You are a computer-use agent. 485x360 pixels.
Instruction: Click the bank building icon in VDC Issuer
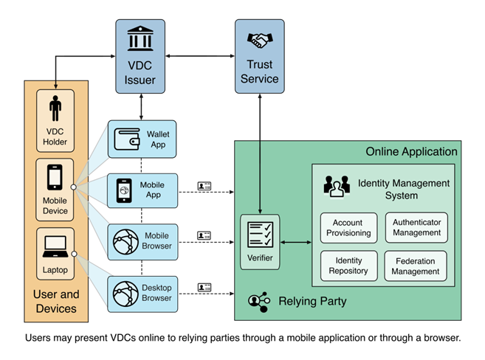click(140, 38)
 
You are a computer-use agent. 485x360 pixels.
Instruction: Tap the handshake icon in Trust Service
click(260, 41)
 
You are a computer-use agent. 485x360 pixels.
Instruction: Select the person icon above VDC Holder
click(55, 108)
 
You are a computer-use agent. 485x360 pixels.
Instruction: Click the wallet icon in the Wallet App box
click(127, 139)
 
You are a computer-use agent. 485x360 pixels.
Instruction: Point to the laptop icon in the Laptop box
click(55, 246)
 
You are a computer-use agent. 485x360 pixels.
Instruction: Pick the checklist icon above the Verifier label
click(260, 235)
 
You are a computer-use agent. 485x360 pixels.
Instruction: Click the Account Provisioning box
click(348, 228)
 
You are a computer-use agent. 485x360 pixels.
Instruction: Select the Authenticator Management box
click(416, 227)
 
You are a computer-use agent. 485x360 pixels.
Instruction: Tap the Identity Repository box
click(348, 266)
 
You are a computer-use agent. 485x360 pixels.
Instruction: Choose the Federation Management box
click(416, 266)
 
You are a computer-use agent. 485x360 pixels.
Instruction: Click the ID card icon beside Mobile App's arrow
click(204, 186)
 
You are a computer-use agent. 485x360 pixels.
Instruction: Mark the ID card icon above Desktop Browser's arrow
click(204, 288)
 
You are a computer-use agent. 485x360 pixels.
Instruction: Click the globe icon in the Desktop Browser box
click(125, 294)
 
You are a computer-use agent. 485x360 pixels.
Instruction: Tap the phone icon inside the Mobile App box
click(124, 190)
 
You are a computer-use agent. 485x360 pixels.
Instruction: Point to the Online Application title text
click(411, 152)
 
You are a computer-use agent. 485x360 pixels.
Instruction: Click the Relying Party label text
click(312, 301)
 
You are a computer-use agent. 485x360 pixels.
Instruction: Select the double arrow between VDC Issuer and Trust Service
click(200, 56)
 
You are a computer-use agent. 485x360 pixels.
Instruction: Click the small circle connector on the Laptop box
click(75, 254)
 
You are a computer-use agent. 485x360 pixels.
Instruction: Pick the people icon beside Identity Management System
click(337, 187)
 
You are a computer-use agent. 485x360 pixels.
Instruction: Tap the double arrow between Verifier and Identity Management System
click(296, 242)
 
